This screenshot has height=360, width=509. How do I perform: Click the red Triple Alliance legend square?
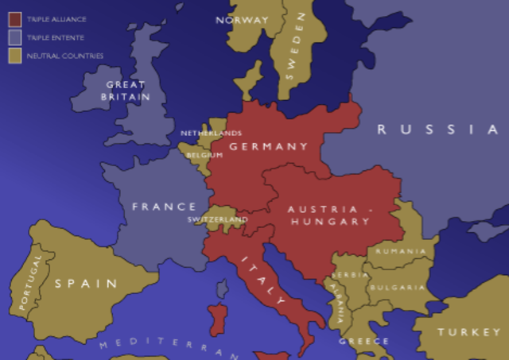[x=14, y=18]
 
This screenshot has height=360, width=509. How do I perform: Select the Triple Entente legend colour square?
[x=14, y=37]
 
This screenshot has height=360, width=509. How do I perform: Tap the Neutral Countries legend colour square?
[x=14, y=56]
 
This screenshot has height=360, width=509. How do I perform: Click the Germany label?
[x=268, y=146]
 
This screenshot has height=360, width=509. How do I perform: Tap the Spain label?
[x=85, y=283]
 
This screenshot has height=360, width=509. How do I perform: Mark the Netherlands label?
[x=211, y=133]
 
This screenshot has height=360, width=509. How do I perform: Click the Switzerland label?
[x=217, y=219]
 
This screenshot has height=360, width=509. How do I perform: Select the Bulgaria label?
[x=397, y=287]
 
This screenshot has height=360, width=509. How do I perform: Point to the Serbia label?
[x=352, y=275]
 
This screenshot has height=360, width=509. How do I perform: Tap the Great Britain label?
[x=125, y=90]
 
